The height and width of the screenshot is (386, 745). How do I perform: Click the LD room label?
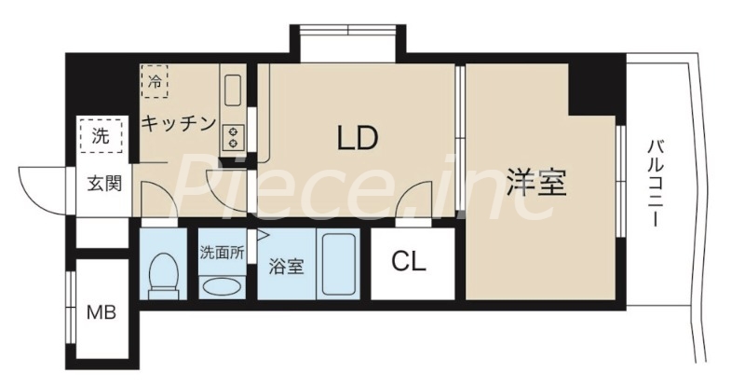coord(357,139)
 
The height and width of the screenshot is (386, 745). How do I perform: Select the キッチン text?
coord(179,122)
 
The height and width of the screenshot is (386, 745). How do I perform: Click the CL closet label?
coord(408,262)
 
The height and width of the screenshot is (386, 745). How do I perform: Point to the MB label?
coord(102,311)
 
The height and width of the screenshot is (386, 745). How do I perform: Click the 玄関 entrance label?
coord(105,183)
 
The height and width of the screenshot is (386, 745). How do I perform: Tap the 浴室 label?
coord(286,266)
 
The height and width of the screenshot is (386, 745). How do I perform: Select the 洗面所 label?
coord(223,251)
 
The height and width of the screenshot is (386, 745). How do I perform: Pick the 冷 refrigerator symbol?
coord(156,81)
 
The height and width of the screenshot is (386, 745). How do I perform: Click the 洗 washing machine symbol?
coord(99,136)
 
